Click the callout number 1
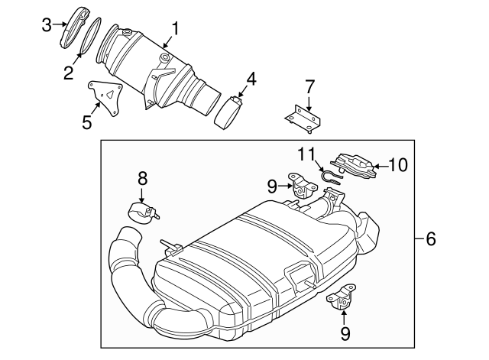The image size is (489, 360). [x=176, y=30]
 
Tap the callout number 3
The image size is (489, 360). [x=46, y=24]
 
